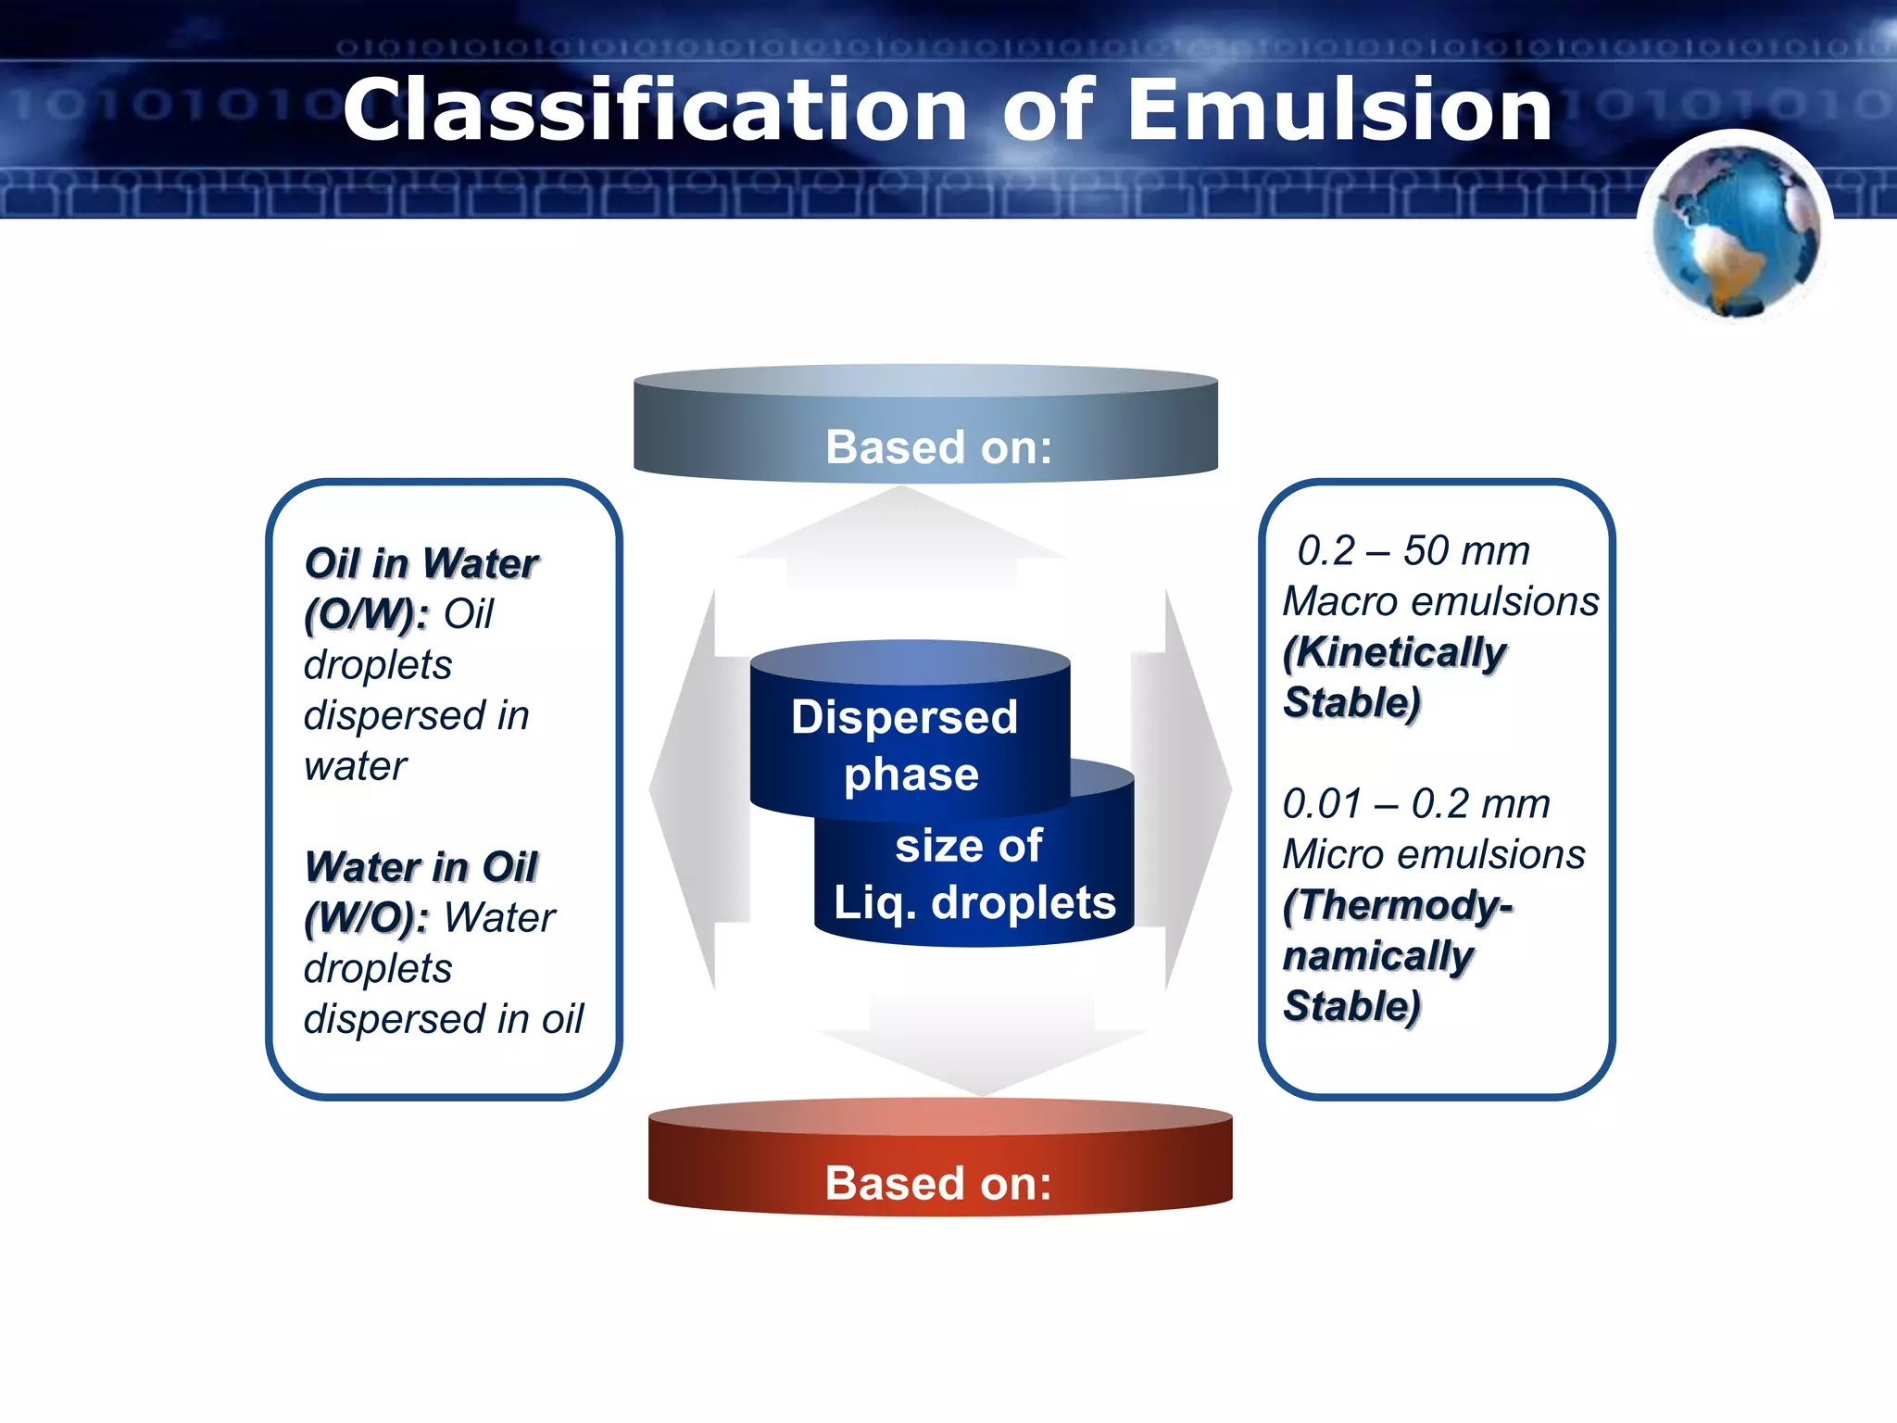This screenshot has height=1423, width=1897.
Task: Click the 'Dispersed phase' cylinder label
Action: (x=905, y=745)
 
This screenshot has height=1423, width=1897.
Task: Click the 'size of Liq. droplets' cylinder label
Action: (x=974, y=875)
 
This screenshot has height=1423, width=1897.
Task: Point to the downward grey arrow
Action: (x=982, y=1047)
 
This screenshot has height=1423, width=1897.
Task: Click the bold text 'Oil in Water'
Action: (x=421, y=563)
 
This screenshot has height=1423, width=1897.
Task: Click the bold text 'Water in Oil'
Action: (x=421, y=867)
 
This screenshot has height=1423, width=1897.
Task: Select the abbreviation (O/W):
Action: (x=367, y=614)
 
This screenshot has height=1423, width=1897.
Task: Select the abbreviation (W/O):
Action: (x=367, y=918)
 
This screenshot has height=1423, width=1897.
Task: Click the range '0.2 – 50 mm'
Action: (x=1413, y=550)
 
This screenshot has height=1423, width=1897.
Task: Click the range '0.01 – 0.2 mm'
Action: (x=1415, y=803)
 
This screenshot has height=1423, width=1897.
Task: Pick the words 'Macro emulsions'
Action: (x=1440, y=601)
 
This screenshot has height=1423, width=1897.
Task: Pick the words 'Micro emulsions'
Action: (x=1433, y=854)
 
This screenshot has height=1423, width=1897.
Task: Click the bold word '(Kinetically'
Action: (x=1394, y=652)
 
